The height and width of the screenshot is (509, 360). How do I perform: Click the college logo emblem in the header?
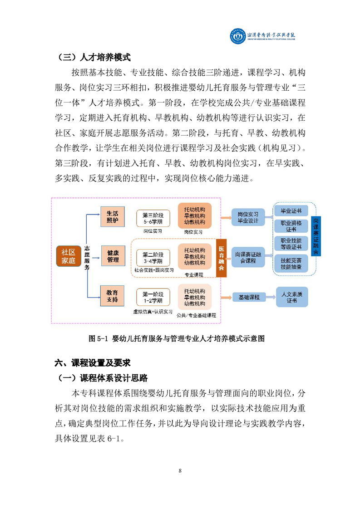click(238, 36)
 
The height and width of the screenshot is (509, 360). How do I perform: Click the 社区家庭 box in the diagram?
click(68, 256)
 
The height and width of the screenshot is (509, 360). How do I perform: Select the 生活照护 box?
click(113, 216)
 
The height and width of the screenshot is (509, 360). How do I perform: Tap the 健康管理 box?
click(113, 256)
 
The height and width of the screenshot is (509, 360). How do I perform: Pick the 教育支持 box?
click(113, 296)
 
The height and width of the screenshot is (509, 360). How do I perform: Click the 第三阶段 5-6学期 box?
click(153, 218)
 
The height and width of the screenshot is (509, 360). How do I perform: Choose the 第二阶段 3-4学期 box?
click(153, 258)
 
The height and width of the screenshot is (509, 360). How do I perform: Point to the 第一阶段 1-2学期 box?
click(153, 297)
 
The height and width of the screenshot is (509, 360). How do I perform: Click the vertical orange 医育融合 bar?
click(221, 258)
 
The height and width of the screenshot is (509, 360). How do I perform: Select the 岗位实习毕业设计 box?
click(248, 217)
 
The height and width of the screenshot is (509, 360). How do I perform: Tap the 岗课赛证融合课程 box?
click(248, 257)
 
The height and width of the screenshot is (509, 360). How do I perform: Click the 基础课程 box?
click(249, 297)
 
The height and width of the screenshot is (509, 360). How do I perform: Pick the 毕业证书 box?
click(291, 210)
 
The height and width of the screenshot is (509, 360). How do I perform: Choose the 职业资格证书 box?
click(291, 226)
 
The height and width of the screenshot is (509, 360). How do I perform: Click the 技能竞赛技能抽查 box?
click(291, 263)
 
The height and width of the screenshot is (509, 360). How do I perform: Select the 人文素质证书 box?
click(292, 297)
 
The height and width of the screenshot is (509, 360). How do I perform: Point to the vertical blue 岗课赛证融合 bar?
click(316, 236)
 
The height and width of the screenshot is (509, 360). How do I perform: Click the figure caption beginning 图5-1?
click(177, 338)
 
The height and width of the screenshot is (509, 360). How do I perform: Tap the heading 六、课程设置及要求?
click(93, 362)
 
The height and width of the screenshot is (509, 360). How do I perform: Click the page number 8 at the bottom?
click(180, 471)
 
